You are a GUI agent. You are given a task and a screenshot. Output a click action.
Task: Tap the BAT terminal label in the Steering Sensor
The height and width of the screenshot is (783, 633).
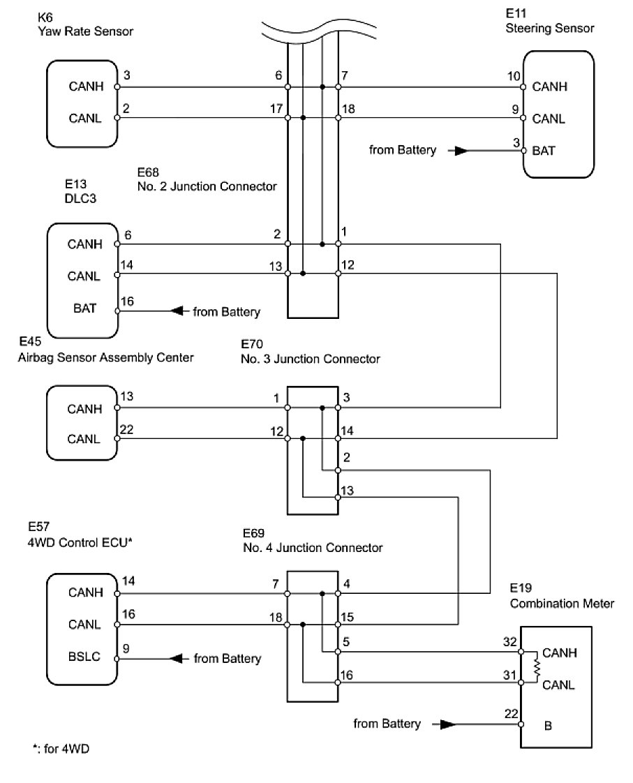coord(544,150)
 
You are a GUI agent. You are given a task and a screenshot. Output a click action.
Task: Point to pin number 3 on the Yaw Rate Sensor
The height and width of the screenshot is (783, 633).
coord(126,75)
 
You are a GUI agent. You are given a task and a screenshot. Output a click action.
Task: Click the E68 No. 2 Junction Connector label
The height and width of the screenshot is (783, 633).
coord(207,179)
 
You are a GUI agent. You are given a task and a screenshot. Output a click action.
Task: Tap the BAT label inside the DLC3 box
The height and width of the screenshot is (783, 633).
coord(80,307)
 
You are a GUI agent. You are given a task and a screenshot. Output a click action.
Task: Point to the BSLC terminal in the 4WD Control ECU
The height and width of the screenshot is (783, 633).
coord(84,657)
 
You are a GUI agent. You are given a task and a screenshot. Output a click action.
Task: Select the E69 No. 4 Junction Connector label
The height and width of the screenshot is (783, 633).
coord(312,540)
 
